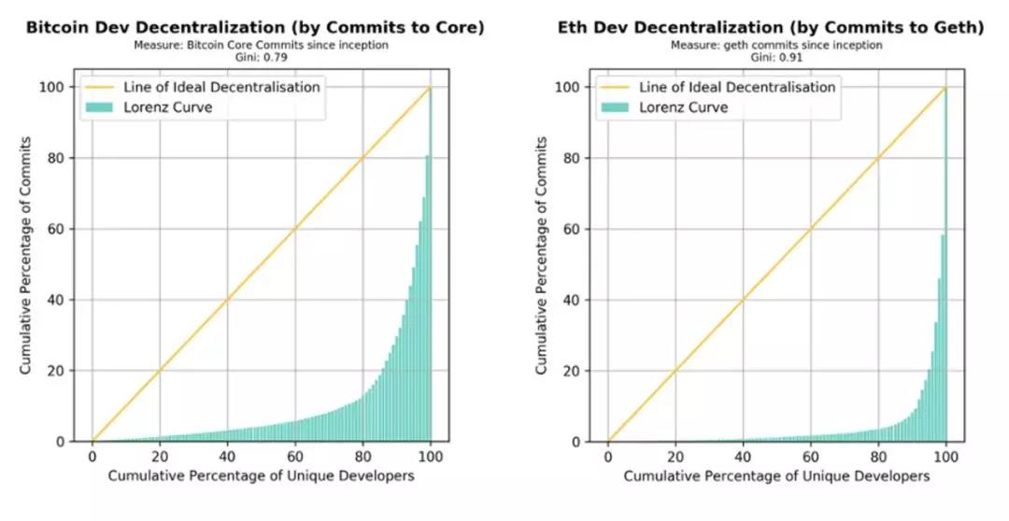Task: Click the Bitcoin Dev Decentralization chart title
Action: pyautogui.click(x=254, y=28)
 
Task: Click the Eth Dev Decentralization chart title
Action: pyautogui.click(x=770, y=28)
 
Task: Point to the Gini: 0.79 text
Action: pyautogui.click(x=254, y=56)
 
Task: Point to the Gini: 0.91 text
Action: pyautogui.click(x=770, y=56)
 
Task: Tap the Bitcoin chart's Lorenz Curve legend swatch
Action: pyautogui.click(x=101, y=106)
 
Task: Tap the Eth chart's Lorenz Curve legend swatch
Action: pyautogui.click(x=617, y=106)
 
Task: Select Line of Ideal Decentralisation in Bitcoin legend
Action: pyautogui.click(x=221, y=87)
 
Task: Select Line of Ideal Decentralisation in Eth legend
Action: pyautogui.click(x=737, y=87)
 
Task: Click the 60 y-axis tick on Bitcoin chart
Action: pyautogui.click(x=57, y=229)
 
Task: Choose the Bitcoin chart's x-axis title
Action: pyautogui.click(x=261, y=477)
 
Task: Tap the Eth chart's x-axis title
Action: pyautogui.click(x=776, y=477)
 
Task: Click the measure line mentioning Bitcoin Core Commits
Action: pyautogui.click(x=254, y=45)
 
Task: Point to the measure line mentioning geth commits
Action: pyautogui.click(x=770, y=45)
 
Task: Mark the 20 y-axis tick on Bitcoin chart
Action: pyautogui.click(x=57, y=371)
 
